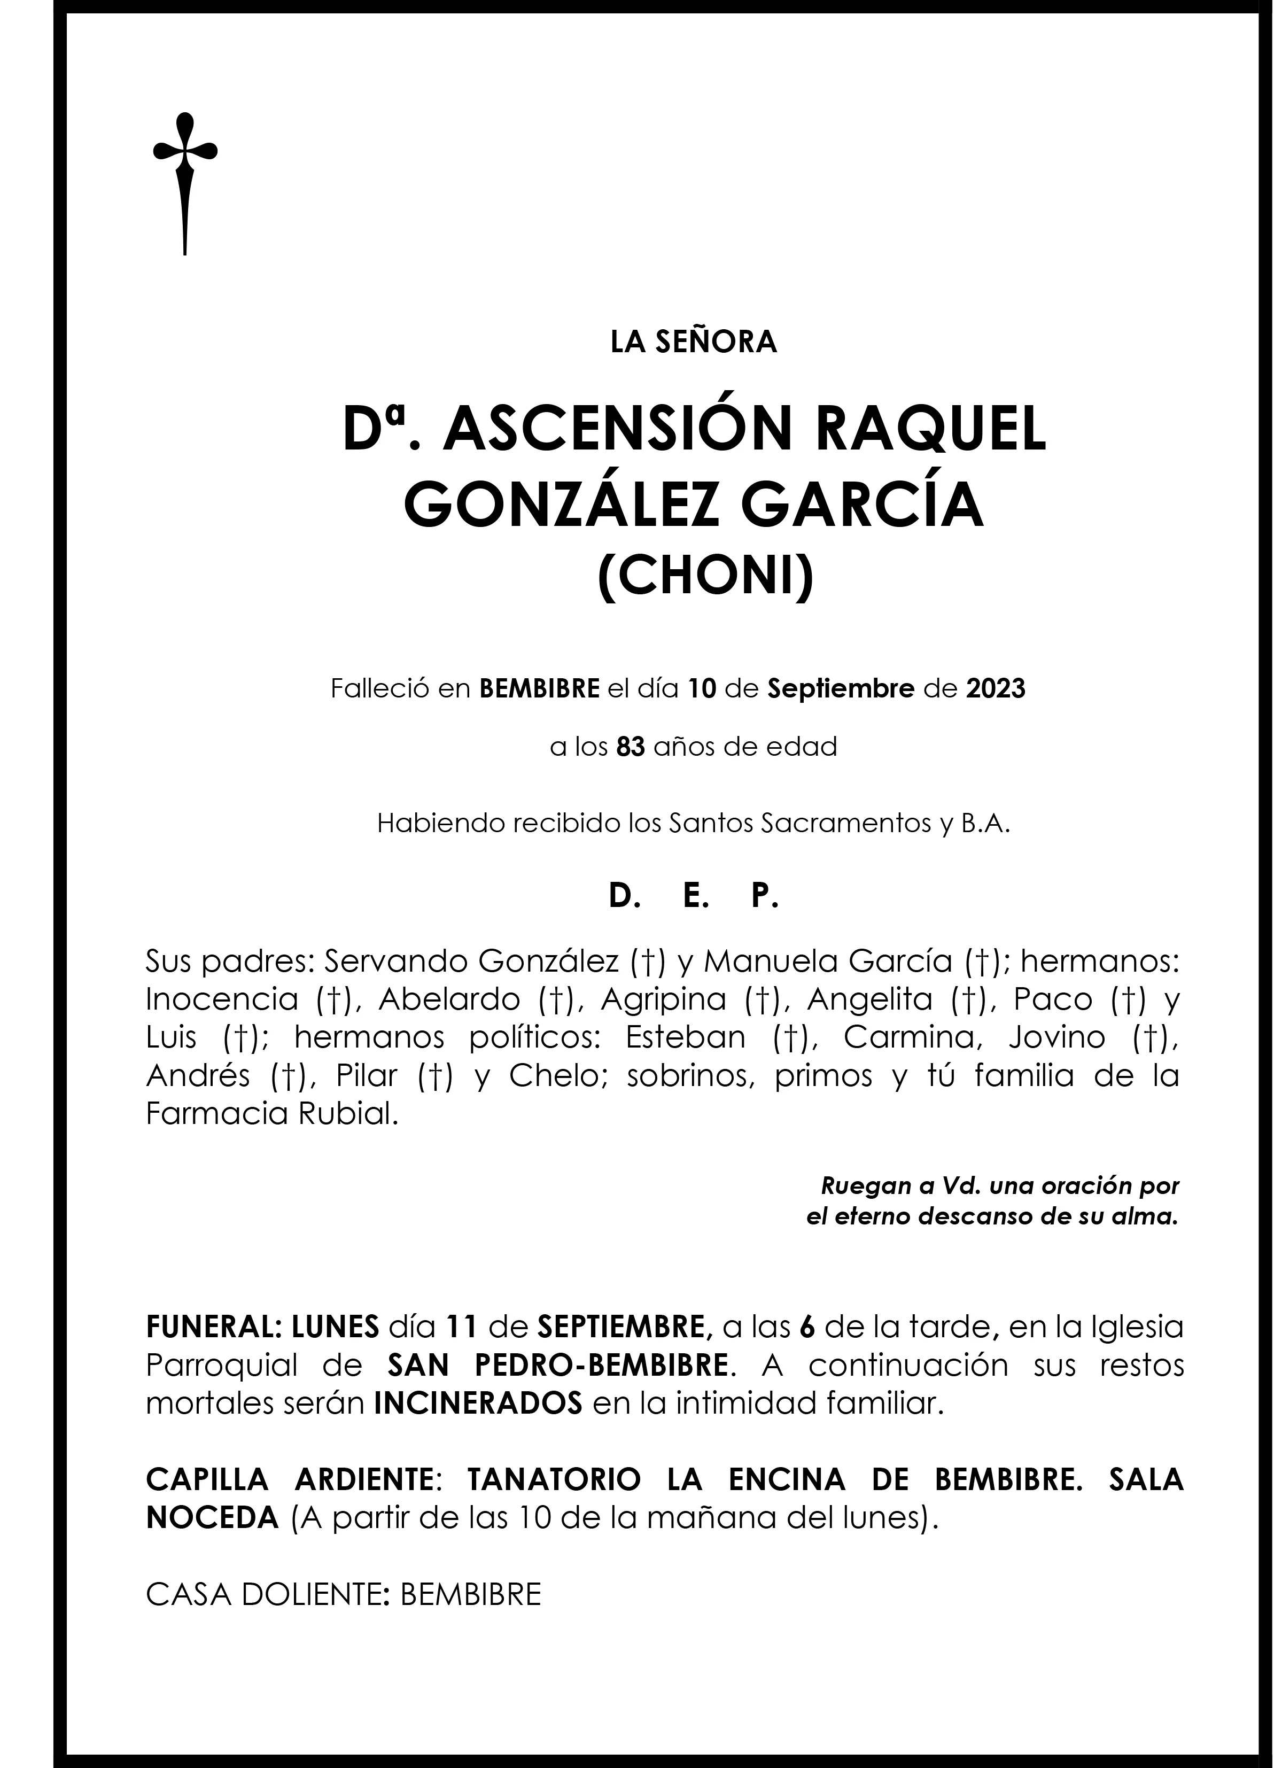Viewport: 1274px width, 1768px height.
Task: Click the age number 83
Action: coord(631,747)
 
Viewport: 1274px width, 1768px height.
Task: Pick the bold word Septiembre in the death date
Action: coord(841,689)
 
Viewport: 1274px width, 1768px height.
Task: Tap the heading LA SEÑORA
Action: coord(694,342)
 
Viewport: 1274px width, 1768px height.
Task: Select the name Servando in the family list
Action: coord(394,963)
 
